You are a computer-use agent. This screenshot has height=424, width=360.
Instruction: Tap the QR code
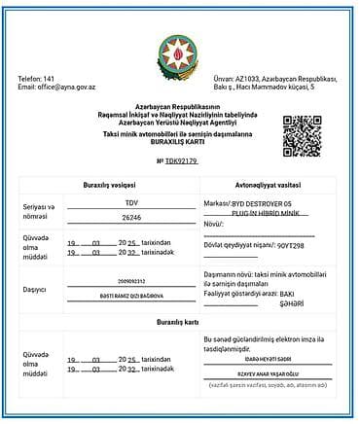tap(302, 135)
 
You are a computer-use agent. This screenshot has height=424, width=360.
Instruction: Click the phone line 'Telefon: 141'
tap(36, 79)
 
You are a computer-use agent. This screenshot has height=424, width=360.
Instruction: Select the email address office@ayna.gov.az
tap(68, 88)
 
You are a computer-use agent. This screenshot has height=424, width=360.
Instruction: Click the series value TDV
tap(131, 202)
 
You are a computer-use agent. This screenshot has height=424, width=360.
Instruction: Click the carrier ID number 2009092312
tap(131, 280)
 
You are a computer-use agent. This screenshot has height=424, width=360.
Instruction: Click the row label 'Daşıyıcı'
tap(35, 289)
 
